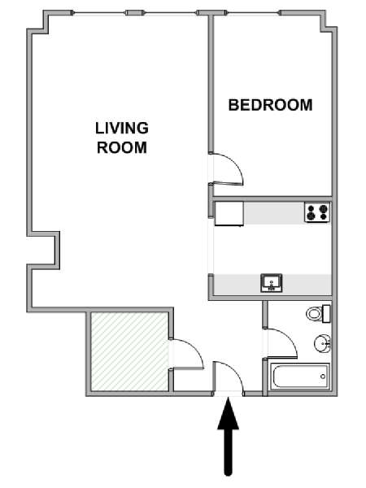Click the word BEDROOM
tap(271, 105)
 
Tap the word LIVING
tap(122, 129)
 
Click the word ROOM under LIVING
tap(122, 147)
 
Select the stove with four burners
tap(317, 212)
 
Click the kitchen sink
tap(272, 283)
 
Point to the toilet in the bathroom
tap(317, 314)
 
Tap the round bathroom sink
tap(322, 343)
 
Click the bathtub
tap(300, 377)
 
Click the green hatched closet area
tap(130, 351)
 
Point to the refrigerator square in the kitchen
tap(229, 213)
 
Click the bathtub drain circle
tap(323, 377)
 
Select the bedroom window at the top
tap(253, 13)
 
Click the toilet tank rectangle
tap(326, 314)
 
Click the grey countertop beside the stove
tap(274, 213)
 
